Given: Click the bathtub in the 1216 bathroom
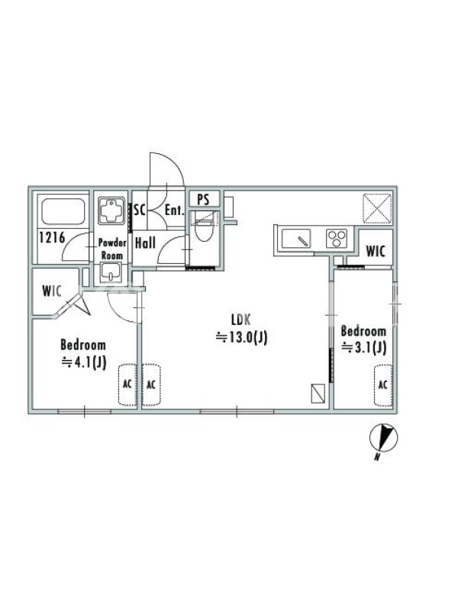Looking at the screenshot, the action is (63, 211).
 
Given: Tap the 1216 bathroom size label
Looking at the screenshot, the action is (52, 237).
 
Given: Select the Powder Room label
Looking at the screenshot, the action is (112, 249).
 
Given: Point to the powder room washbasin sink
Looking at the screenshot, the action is (111, 273).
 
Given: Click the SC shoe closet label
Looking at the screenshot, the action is (140, 210).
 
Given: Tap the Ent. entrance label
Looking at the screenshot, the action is (174, 210).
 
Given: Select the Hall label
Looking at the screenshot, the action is (145, 243).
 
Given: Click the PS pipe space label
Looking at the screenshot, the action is (203, 200).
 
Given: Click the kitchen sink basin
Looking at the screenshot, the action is (296, 238).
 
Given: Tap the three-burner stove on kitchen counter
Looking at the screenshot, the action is (337, 239).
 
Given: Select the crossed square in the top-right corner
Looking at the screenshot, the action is (377, 208).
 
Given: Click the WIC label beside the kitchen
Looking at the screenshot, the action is (376, 251).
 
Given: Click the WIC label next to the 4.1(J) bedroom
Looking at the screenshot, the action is (52, 291).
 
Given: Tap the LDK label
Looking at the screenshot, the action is (240, 319).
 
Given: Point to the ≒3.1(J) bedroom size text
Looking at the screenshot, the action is (364, 347).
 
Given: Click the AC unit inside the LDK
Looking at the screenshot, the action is (151, 385).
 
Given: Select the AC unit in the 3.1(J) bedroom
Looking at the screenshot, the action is (383, 385).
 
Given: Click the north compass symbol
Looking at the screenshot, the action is (384, 438).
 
